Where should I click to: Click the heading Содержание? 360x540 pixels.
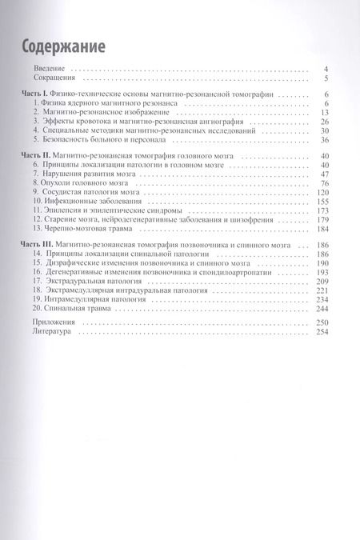coord(62,46)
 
